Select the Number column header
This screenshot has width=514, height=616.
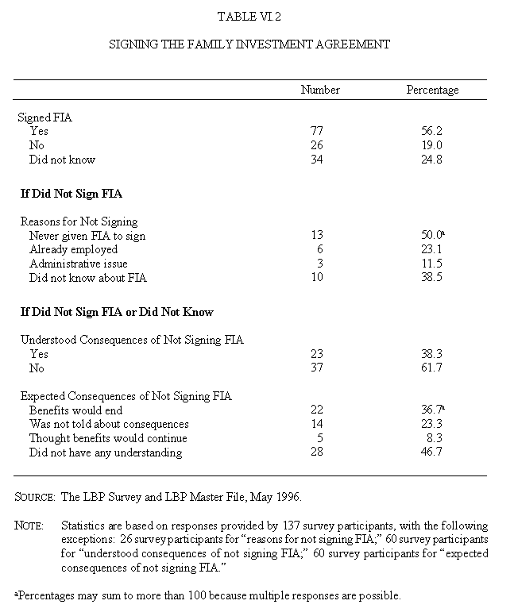coord(319,90)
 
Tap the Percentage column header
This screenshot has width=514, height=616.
coord(432,90)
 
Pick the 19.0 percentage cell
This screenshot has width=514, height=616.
coord(432,145)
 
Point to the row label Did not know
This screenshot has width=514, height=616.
coord(62,160)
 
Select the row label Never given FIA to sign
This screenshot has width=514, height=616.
coord(87,236)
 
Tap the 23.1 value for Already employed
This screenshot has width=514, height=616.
coord(432,250)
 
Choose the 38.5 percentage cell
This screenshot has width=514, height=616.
coord(432,278)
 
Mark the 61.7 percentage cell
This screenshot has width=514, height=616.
coord(432,368)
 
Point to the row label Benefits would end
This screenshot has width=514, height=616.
coord(76,410)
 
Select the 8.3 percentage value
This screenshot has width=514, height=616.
coord(432,438)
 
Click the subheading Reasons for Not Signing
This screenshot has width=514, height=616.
coord(79,221)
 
